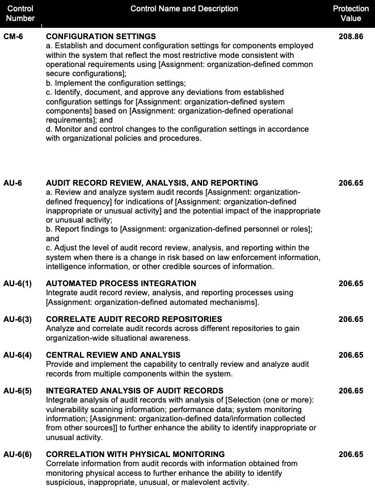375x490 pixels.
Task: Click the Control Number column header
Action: click(x=21, y=14)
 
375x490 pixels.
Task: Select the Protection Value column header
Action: click(x=351, y=14)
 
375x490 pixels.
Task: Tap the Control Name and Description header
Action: click(x=184, y=9)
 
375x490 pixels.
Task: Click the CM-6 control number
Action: click(x=13, y=37)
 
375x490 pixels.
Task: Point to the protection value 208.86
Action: click(x=351, y=37)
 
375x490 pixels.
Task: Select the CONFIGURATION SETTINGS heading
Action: click(x=101, y=37)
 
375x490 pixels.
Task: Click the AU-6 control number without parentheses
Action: click(x=13, y=183)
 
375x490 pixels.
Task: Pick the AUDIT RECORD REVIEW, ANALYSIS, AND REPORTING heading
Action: click(x=152, y=183)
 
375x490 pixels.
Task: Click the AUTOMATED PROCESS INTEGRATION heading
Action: click(x=121, y=283)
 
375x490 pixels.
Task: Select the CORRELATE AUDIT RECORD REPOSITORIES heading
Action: click(x=134, y=319)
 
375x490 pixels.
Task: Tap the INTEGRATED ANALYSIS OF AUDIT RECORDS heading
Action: click(x=134, y=391)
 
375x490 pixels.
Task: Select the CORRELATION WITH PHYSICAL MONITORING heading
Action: click(x=135, y=454)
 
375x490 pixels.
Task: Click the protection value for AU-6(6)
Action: click(x=351, y=454)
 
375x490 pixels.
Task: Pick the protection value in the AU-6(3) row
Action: click(x=351, y=319)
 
